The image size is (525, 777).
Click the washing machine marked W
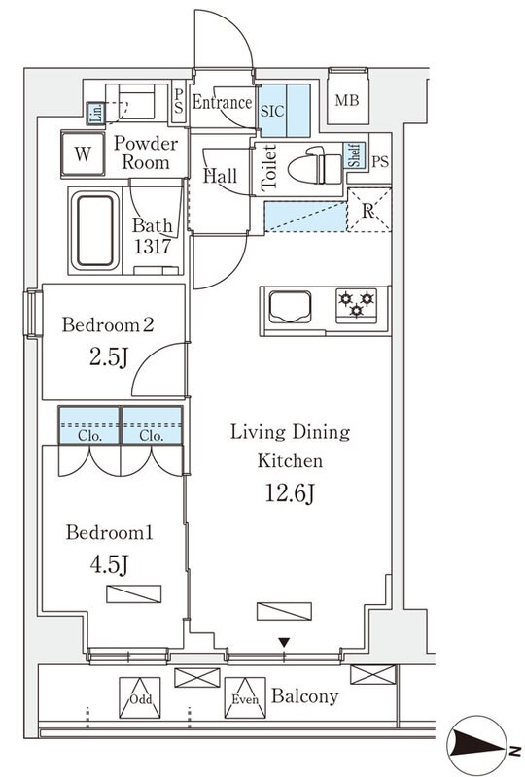[83, 153]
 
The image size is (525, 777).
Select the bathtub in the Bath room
[95, 230]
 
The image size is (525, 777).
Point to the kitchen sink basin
[291, 307]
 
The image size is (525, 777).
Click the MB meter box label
[347, 101]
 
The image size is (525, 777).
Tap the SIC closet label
[272, 110]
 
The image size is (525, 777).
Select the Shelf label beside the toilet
[354, 155]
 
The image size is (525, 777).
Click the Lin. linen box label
[96, 113]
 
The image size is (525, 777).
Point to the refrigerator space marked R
[368, 211]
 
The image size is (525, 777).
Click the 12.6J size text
[291, 493]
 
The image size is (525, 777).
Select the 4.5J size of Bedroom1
[110, 564]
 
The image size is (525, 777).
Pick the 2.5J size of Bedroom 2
[109, 356]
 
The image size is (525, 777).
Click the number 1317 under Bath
[153, 247]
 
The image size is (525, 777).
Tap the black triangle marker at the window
[284, 643]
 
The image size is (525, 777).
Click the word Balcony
[304, 696]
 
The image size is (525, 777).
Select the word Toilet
[269, 167]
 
